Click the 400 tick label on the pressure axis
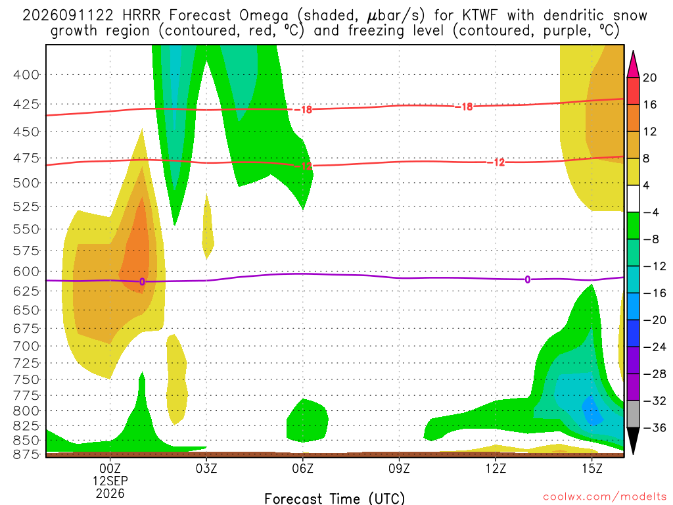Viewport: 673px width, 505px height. tap(26, 75)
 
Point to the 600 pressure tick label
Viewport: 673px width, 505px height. tap(26, 272)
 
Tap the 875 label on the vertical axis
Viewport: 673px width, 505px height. tap(26, 454)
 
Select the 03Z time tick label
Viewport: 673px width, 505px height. tap(206, 468)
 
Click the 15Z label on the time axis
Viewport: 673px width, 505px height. tap(592, 468)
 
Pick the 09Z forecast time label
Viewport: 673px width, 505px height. tap(399, 468)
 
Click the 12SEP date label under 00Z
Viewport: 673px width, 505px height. tap(110, 481)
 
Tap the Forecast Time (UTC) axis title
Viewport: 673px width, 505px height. tap(335, 498)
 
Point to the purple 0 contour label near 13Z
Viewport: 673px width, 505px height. tap(528, 279)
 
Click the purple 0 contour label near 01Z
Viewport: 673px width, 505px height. tap(142, 281)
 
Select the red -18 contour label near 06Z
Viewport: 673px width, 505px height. tap(303, 110)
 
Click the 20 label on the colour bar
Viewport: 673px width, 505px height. tap(650, 78)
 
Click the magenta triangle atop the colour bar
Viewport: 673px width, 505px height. tap(633, 64)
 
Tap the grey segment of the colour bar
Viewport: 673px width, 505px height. tap(633, 414)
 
